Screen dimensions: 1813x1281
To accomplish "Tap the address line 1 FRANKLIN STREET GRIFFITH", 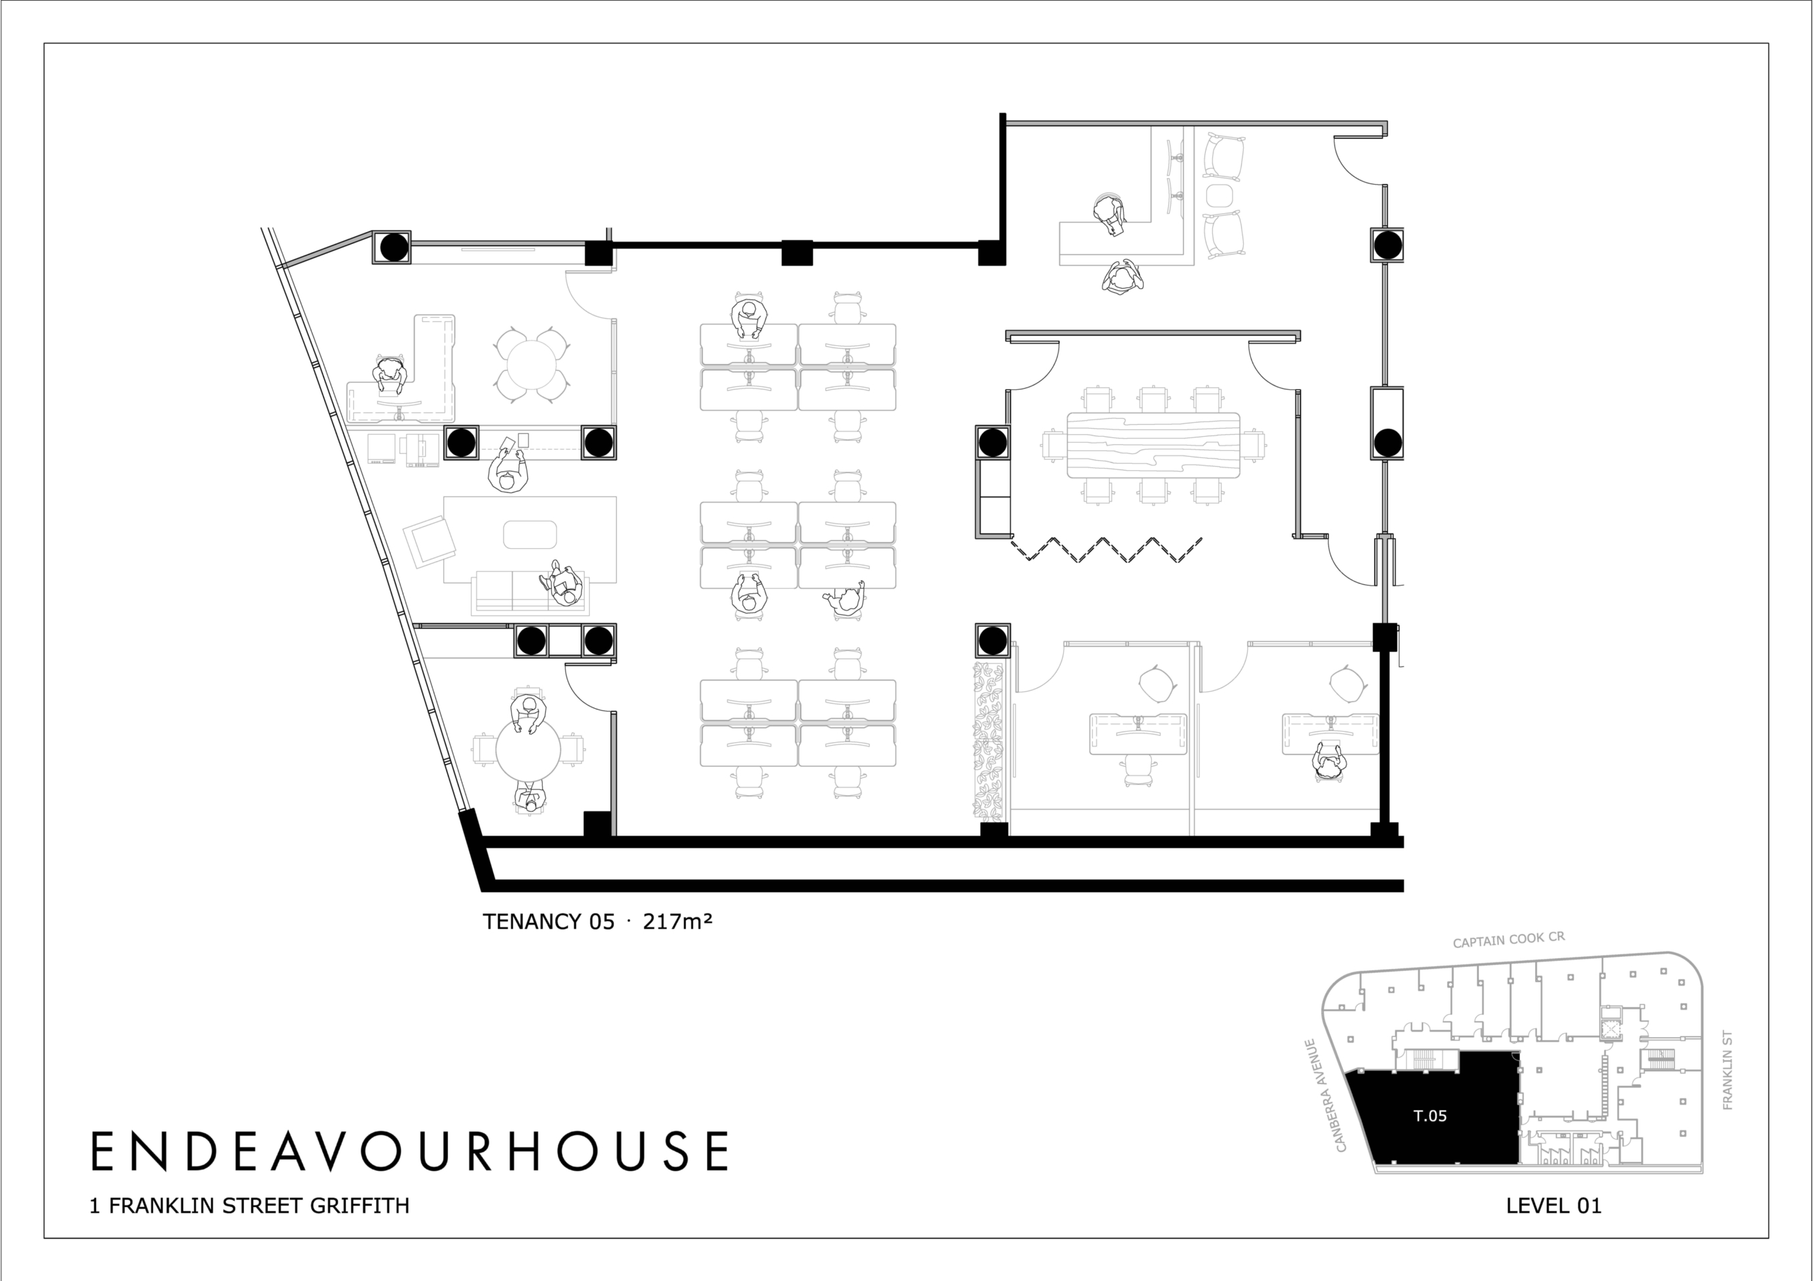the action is click(x=249, y=1206).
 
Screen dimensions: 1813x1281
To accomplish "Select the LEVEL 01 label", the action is click(x=1553, y=1206).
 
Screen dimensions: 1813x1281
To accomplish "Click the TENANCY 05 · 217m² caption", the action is click(x=598, y=922).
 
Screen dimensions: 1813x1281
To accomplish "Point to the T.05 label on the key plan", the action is click(x=1430, y=1116).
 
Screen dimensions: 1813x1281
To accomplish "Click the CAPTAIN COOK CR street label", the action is click(x=1509, y=940).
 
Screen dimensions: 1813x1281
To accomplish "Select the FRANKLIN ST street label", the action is click(x=1728, y=1070).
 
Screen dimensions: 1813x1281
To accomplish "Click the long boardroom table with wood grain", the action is click(x=1153, y=445).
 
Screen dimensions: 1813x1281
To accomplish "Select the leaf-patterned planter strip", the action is click(x=988, y=741).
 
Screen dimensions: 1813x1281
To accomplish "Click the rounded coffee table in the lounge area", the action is click(x=530, y=535).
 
